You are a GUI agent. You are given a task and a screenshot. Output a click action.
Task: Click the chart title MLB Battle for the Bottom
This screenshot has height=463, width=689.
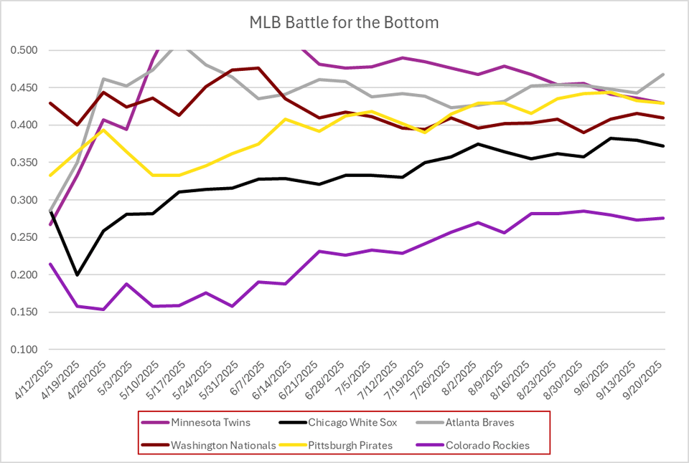343,23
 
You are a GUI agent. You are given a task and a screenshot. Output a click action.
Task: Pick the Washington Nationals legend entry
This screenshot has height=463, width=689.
222,445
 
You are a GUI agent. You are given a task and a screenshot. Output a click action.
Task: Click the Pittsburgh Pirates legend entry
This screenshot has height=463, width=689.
350,445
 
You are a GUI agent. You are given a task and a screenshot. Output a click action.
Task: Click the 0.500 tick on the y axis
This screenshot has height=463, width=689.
26,50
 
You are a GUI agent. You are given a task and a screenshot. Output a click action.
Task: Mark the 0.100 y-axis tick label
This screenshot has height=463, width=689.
26,350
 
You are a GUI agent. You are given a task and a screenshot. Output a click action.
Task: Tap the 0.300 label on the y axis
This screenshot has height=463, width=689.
26,200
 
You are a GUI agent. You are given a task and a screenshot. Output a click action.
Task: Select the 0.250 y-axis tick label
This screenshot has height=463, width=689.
26,237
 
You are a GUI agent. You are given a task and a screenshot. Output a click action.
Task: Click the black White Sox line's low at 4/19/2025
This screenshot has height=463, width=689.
77,275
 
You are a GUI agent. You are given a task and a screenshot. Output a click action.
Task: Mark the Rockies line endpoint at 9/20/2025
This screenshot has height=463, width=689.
662,218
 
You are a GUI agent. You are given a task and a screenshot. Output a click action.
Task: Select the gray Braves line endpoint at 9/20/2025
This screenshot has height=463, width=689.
662,75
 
